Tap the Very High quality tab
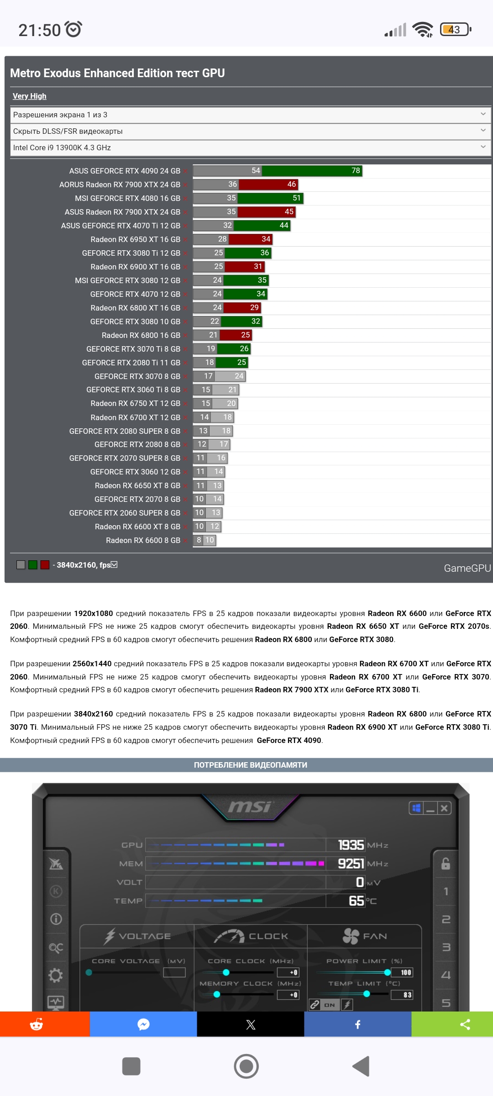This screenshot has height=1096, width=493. (x=29, y=96)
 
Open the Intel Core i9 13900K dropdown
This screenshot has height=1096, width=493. (x=250, y=148)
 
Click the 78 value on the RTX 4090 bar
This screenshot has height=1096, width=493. (x=356, y=171)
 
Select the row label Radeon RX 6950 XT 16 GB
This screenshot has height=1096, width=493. (x=135, y=239)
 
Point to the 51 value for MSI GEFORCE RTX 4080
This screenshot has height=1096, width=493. (x=297, y=198)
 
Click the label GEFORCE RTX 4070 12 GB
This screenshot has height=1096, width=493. (x=135, y=294)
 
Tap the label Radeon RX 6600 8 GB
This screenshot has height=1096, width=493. (x=143, y=540)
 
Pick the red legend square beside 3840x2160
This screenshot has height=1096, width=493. (x=45, y=565)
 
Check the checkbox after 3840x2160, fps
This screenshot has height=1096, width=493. (x=114, y=564)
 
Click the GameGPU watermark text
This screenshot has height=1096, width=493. (x=467, y=568)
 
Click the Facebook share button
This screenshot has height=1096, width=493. (x=357, y=1024)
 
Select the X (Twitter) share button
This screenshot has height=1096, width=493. (x=251, y=1024)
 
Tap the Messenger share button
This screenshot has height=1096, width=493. (x=143, y=1024)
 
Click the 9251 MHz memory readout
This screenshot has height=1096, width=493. (x=351, y=864)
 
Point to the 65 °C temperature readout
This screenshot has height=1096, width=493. (x=357, y=901)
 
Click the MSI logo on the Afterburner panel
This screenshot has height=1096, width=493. (x=250, y=807)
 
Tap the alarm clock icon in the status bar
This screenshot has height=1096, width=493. (x=73, y=29)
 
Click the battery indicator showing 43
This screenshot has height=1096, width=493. (x=455, y=30)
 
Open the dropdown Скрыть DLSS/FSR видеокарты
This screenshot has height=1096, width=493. (x=250, y=131)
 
